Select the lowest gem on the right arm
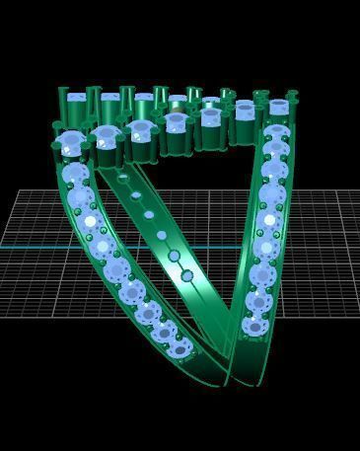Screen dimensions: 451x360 point(254,326)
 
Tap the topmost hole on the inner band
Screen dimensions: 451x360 point(121,180)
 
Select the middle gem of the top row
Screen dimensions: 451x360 point(177,121)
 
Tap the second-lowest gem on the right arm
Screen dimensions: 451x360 point(258,301)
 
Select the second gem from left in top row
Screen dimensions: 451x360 point(105,133)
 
